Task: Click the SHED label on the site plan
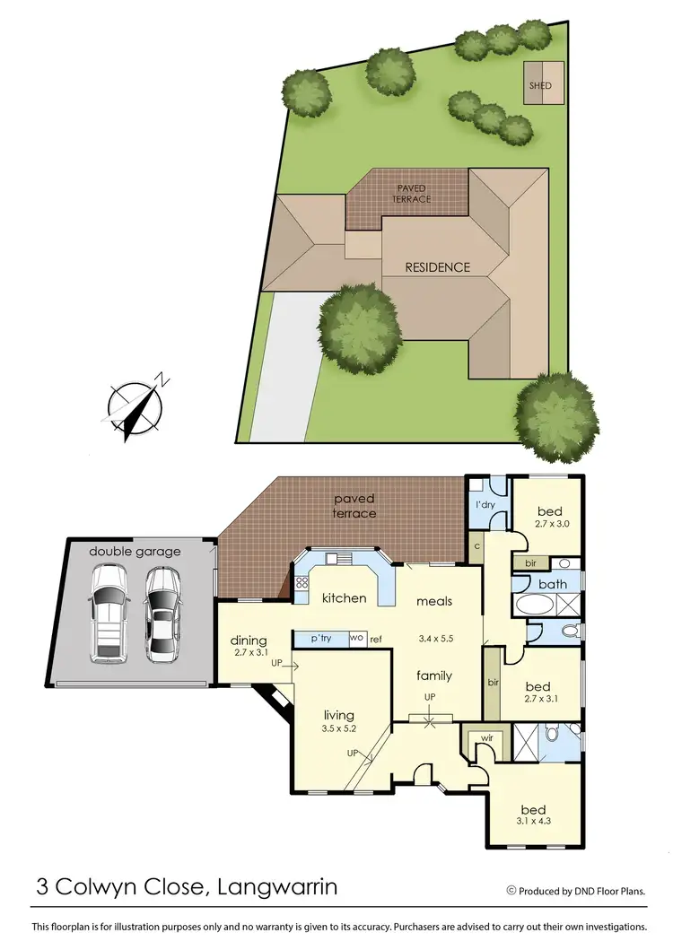click(x=541, y=86)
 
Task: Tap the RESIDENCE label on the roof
click(x=438, y=267)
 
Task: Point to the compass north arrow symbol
click(x=137, y=408)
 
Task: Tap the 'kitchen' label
click(x=345, y=597)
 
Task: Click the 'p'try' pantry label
click(x=320, y=638)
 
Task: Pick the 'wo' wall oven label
click(x=356, y=638)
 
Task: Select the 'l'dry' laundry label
click(x=486, y=504)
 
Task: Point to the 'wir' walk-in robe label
click(x=487, y=738)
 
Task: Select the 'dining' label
click(x=249, y=641)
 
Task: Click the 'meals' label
click(x=433, y=601)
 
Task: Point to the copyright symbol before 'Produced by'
click(x=511, y=891)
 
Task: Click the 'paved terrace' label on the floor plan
click(x=355, y=506)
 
